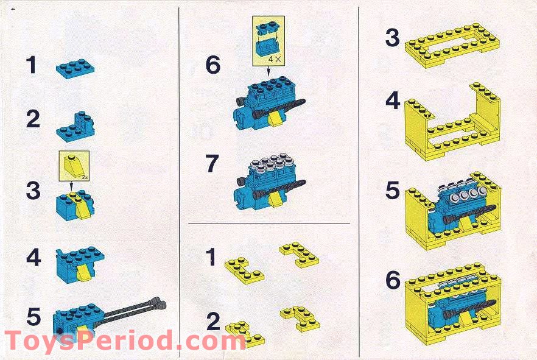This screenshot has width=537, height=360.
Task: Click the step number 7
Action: [x=212, y=163]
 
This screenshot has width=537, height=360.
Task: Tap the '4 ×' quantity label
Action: [x=275, y=59]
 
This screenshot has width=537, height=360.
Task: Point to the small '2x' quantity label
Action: [x=85, y=177]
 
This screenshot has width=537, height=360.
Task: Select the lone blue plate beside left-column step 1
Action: [x=75, y=68]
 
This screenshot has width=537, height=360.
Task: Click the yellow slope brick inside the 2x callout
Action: [x=72, y=166]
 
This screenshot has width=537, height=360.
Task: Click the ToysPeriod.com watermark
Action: [x=125, y=340]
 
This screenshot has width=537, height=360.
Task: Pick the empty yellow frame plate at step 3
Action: [x=452, y=45]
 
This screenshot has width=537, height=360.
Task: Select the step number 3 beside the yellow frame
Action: [x=393, y=38]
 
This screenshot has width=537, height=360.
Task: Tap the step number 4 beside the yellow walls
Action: [x=393, y=101]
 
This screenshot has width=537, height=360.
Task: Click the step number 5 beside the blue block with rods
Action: [x=33, y=316]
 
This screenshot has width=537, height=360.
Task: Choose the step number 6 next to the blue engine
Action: [x=212, y=65]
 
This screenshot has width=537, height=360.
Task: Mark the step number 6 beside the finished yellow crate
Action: [x=393, y=280]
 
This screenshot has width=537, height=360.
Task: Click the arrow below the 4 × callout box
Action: [x=268, y=71]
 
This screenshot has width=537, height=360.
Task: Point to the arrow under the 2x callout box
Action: [x=71, y=186]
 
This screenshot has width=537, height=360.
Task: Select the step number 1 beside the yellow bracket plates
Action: [x=211, y=257]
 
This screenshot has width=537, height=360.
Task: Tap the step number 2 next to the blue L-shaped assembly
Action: [x=33, y=119]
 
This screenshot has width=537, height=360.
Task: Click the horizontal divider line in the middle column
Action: [x=269, y=224]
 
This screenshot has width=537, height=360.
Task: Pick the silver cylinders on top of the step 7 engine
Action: [x=273, y=162]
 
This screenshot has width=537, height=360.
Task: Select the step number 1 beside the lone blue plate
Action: [x=32, y=65]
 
